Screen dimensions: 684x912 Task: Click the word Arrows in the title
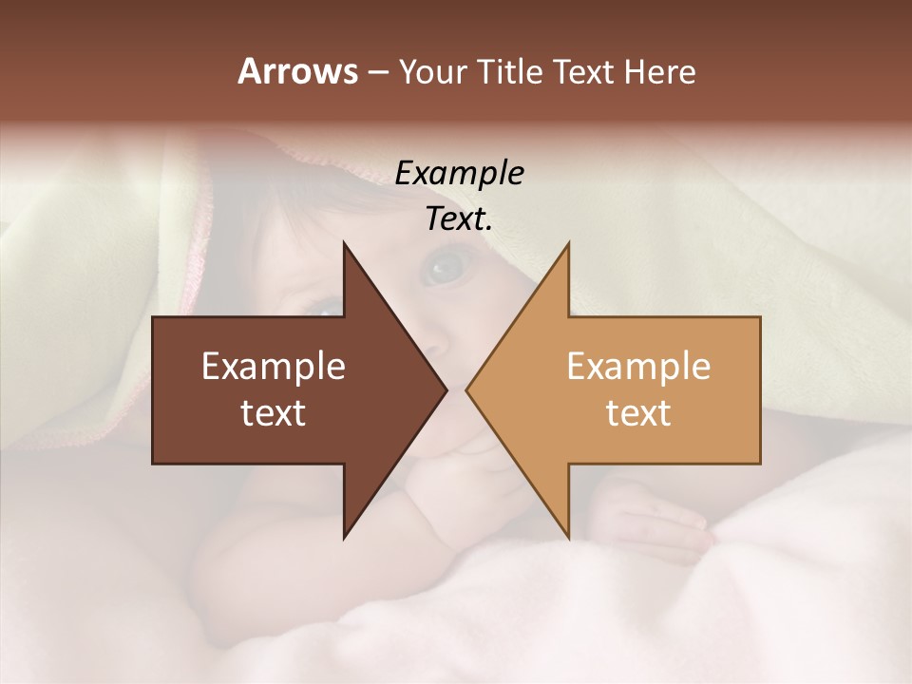point(297,71)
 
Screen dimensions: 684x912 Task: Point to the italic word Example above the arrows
point(459,173)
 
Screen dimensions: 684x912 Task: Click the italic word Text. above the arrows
point(459,218)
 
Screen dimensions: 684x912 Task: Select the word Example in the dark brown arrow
point(274,366)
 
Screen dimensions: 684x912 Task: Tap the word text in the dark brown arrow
point(274,412)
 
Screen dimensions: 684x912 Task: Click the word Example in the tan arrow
point(638,366)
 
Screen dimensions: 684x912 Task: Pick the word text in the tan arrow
point(638,412)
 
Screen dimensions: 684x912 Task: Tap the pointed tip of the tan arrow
point(467,389)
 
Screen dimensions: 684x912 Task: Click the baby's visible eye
point(442,267)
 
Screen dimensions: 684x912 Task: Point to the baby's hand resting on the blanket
point(655,522)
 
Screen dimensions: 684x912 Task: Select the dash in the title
point(377,73)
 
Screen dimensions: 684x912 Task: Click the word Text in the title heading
point(584,72)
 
